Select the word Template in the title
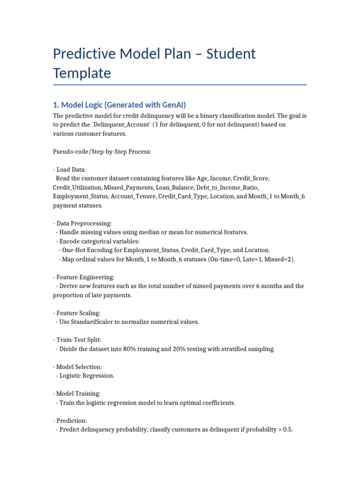[x=82, y=73]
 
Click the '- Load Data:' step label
[x=69, y=170]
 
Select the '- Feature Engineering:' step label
[x=83, y=277]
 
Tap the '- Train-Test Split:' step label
[x=77, y=340]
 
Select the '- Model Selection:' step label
[x=77, y=367]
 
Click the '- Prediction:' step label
[x=70, y=420]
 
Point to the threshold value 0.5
[x=288, y=430]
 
